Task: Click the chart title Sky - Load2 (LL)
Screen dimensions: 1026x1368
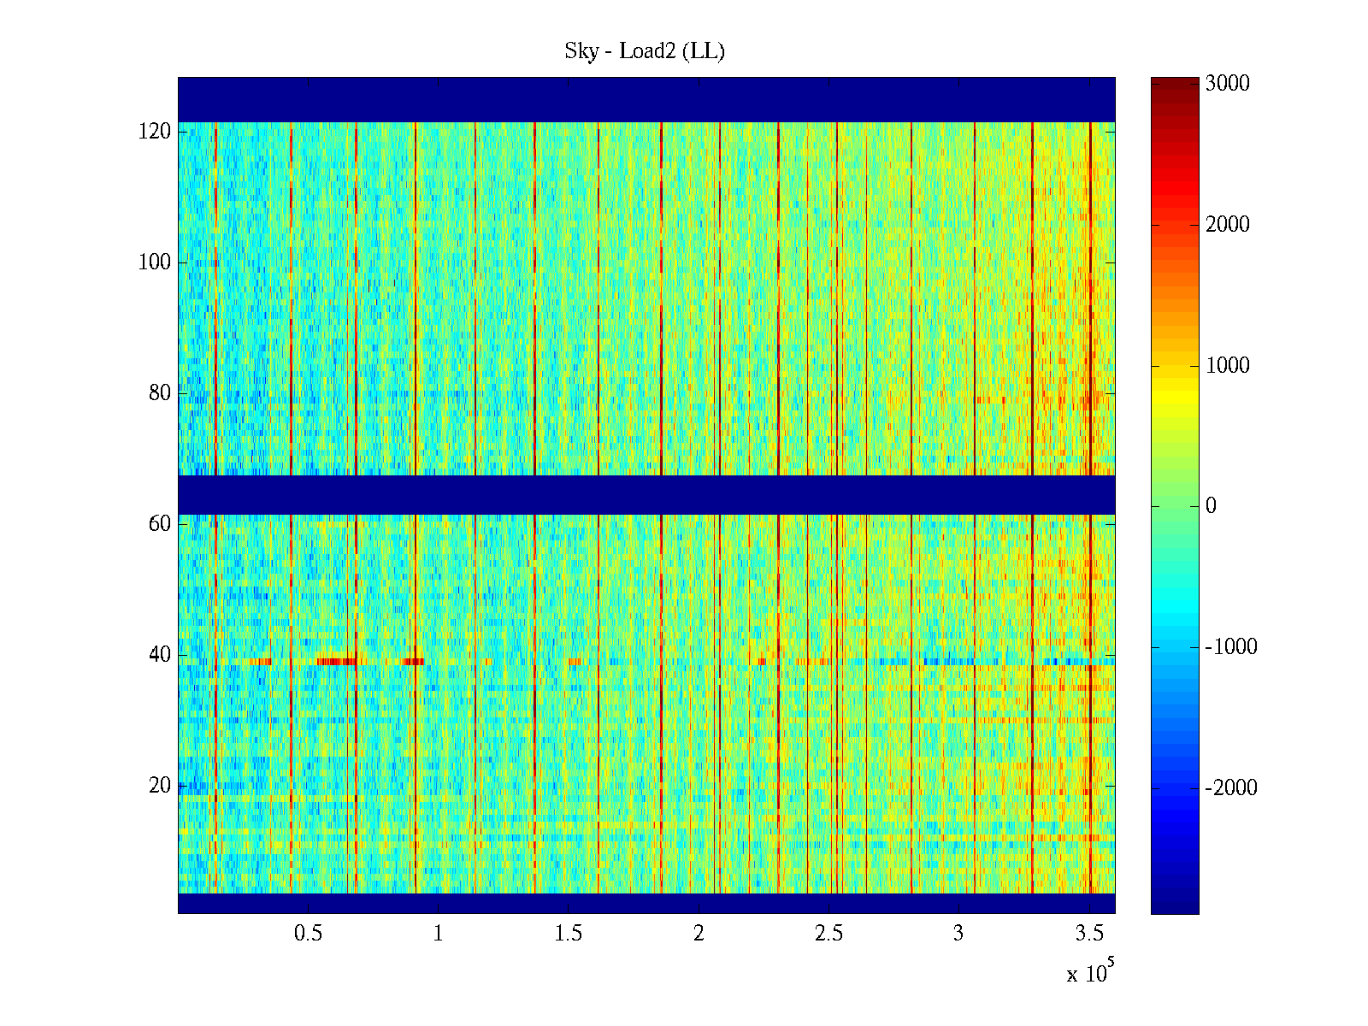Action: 645,51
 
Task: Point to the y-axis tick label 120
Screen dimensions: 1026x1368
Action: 155,132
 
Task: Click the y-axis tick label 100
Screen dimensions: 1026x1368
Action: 155,262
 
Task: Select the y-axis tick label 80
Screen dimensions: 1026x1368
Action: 160,393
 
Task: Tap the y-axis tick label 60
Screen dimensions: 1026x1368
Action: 160,524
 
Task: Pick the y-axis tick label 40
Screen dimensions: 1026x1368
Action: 160,655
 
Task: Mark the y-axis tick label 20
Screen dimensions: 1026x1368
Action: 160,786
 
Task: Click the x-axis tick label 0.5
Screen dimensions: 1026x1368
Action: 308,934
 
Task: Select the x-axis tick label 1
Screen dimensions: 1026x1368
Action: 439,934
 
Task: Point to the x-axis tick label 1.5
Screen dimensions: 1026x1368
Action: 569,934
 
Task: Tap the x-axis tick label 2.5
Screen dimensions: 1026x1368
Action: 828,934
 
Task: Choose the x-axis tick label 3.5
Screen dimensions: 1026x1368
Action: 1089,934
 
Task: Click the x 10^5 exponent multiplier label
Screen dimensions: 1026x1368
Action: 1090,972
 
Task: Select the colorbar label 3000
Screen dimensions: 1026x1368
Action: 1228,84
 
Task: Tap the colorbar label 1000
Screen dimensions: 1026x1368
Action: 1228,366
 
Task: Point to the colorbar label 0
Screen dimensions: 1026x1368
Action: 1211,506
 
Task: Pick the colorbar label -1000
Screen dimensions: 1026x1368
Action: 1231,647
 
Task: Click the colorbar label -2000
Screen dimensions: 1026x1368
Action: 1231,788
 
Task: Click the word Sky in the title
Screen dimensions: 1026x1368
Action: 581,51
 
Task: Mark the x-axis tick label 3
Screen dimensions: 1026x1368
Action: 958,934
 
